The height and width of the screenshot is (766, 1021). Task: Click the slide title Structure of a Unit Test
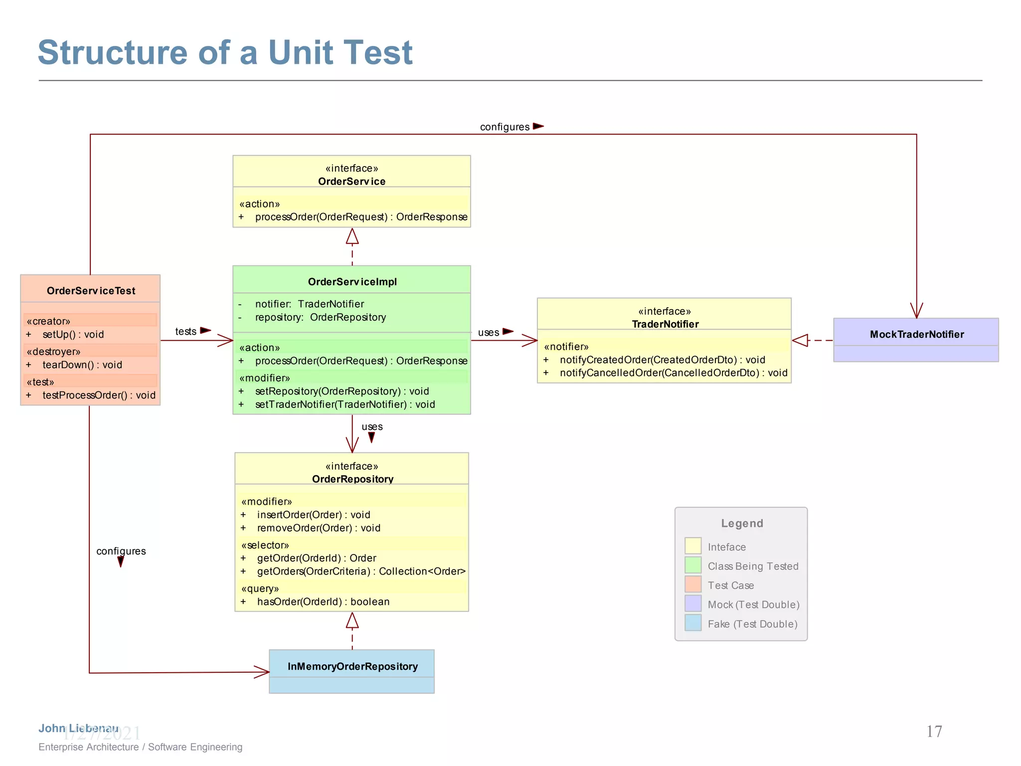(x=225, y=52)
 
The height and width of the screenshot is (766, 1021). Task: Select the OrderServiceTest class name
(x=91, y=291)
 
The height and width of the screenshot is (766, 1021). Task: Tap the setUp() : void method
(x=73, y=335)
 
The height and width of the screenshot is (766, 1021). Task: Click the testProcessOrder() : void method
(x=99, y=395)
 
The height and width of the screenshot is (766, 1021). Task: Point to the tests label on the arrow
(x=185, y=332)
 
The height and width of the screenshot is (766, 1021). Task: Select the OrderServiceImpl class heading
(x=352, y=282)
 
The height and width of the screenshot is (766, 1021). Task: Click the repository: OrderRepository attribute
(x=320, y=317)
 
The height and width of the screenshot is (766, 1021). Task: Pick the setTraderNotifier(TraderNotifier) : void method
(x=344, y=404)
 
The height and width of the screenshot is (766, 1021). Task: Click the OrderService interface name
(x=351, y=182)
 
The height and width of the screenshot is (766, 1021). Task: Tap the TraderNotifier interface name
(x=665, y=324)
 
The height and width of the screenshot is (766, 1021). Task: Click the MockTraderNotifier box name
(x=916, y=335)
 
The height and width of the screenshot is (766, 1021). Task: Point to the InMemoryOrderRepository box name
(x=352, y=667)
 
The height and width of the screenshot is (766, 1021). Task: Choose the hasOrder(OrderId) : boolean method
(x=323, y=602)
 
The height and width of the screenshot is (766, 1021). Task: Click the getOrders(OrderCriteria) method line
(x=361, y=572)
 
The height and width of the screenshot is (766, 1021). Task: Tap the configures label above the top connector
(x=505, y=127)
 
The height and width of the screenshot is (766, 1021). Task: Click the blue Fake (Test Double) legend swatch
(x=693, y=623)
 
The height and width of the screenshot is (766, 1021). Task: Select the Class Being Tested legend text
(x=753, y=567)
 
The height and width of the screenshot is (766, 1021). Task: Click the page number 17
(x=934, y=732)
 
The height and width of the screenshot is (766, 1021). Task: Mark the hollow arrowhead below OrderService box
(x=352, y=236)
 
